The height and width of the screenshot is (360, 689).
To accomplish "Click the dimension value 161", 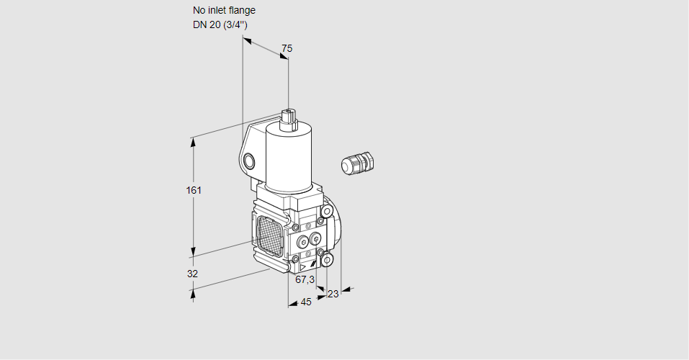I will pos(194,190).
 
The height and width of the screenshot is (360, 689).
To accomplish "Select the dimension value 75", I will pos(287,48).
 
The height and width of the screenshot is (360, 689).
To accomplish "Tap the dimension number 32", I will pos(192,274).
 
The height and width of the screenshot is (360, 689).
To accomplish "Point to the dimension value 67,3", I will pos(305,279).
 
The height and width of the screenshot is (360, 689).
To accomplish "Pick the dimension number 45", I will pos(306,302).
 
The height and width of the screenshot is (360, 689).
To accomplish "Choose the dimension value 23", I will pos(333,294).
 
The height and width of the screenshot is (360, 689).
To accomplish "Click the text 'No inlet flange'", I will pos(224,11).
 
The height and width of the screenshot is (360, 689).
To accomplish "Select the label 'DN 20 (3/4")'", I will pos(220,25).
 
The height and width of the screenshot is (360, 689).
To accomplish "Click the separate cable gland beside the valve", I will pos(359,163).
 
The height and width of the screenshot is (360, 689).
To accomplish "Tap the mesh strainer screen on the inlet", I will pos(269,235).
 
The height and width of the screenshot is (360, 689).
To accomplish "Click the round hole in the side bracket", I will pos(249,161).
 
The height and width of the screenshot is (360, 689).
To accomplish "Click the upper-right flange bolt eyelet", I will pos(327,211).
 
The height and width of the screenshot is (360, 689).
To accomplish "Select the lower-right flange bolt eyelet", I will pos(327,259).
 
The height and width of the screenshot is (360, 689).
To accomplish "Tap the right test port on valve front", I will pos(315,239).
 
